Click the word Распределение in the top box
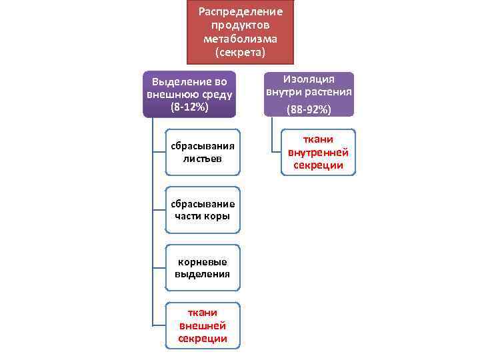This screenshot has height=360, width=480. coord(241,11)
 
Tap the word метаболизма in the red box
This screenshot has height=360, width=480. coord(241,38)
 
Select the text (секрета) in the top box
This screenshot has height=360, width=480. coord(241,51)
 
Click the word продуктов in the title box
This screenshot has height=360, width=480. coord(241,25)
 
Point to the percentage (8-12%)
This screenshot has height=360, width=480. coord(189,107)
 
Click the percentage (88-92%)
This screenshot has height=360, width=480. coord(309,109)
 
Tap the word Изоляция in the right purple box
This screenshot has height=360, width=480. coord(309,79)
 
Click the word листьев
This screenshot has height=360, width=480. coord(203,159)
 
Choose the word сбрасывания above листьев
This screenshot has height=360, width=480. coord(203,146)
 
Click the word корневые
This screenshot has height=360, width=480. coord(203,261)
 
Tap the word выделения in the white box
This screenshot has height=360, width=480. coord(203,273)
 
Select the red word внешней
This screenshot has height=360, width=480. coord(203,325)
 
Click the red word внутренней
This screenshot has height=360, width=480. coord(318,153)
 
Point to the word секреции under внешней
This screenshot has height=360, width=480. coord(203,339)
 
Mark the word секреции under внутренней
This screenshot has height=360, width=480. coord(318,165)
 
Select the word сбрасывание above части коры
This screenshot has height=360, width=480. coord(203,203)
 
